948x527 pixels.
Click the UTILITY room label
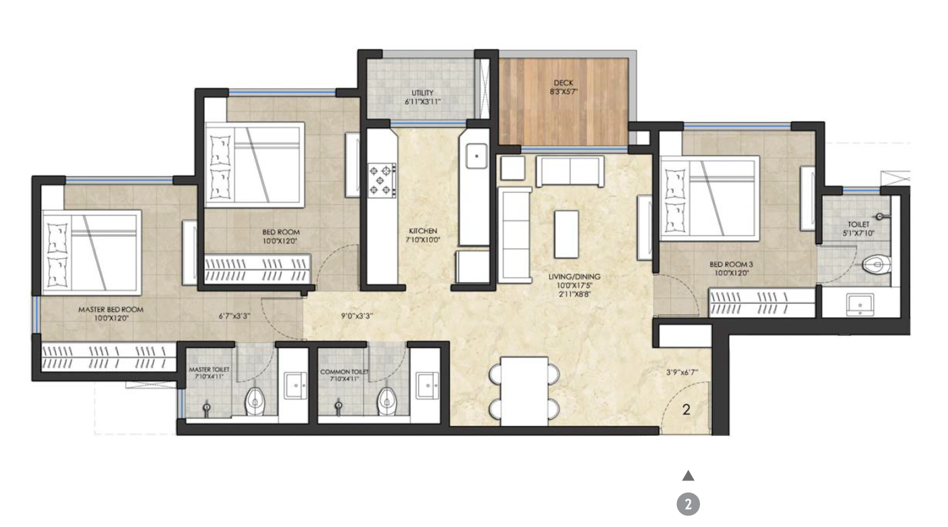pos(422,97)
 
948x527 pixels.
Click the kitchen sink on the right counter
pos(476,156)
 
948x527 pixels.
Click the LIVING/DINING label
pos(574,277)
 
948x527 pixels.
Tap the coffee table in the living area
pos(566,233)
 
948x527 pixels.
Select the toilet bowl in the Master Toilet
pos(255,400)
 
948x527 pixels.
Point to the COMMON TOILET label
pos(345,372)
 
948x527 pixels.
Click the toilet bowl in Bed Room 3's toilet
pos(876,265)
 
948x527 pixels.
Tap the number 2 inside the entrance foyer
pos(687,409)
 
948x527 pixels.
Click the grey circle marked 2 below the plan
pos(688,505)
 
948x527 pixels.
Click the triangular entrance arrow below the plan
pos(688,476)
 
